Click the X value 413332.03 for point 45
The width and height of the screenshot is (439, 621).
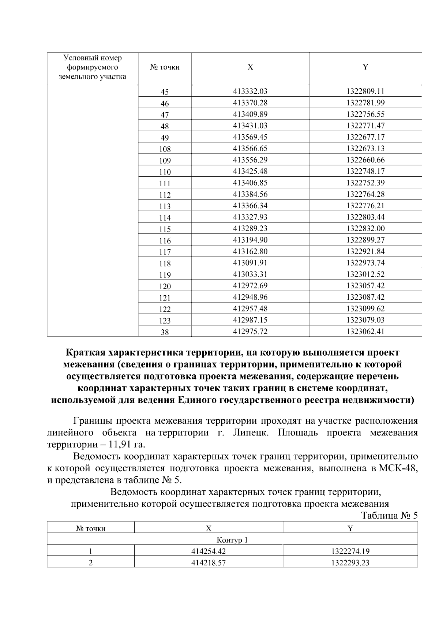250,91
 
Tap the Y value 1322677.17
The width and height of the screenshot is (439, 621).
365,137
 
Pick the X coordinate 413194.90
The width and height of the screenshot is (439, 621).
250,240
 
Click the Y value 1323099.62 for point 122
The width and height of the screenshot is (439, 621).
365,308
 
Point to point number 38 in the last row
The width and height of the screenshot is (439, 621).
165,332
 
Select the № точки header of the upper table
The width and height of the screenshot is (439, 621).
165,67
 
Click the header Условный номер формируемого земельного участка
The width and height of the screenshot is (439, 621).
93,67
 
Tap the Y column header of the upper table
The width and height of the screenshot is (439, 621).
365,67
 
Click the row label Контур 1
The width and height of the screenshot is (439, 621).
232,540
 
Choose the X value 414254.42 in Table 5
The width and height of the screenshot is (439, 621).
209,551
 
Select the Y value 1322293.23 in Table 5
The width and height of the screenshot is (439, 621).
350,563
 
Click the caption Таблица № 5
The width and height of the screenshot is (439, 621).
389,516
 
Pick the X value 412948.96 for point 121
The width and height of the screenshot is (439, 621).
250,297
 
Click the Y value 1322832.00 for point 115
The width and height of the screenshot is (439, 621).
365,228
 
